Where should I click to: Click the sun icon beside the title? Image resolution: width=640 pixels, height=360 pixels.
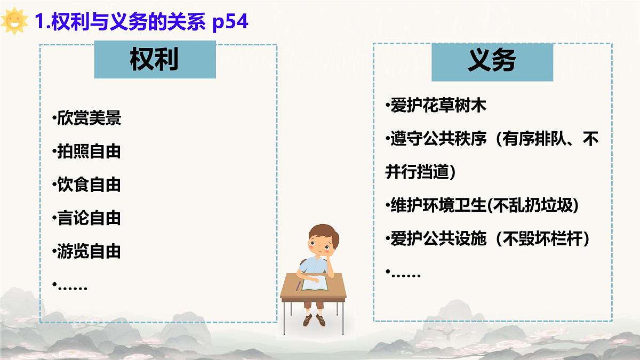[14, 21]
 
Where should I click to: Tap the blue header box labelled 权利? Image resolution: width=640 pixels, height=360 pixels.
[155, 60]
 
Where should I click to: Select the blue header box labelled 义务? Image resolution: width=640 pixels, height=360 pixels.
[492, 61]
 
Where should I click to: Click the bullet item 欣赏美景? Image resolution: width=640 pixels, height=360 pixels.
[89, 118]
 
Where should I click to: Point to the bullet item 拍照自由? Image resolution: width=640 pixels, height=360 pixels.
[89, 151]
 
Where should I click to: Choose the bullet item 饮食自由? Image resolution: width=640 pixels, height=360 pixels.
[89, 185]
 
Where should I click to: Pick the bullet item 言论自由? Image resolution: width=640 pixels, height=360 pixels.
[89, 218]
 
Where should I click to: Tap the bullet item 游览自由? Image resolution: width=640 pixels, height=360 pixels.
[89, 251]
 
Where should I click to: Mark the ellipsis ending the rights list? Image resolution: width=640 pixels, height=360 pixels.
[73, 287]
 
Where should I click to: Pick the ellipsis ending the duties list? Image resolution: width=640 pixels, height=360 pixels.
[405, 274]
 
